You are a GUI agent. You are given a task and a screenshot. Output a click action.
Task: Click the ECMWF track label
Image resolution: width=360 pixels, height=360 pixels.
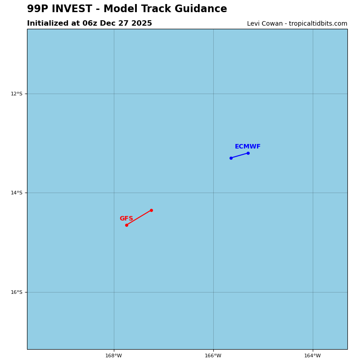(x=247, y=147)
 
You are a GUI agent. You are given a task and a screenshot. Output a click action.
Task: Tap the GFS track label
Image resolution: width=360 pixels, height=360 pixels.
(x=126, y=219)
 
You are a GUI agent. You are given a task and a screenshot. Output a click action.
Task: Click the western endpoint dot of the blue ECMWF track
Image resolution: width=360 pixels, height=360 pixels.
(x=231, y=158)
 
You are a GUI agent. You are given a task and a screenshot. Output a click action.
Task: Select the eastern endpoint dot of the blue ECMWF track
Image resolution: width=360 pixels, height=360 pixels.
(x=248, y=153)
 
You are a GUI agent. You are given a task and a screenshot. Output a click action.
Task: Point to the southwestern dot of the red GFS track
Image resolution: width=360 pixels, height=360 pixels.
(x=126, y=225)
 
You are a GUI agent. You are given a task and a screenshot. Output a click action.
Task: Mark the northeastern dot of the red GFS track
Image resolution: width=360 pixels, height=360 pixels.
(x=151, y=210)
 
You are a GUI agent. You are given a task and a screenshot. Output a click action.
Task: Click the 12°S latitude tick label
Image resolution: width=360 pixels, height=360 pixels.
(x=16, y=94)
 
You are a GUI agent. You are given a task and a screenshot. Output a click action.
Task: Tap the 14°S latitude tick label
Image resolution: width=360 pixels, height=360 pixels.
(x=16, y=193)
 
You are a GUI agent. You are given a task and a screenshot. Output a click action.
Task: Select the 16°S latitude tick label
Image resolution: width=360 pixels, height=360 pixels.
(x=16, y=292)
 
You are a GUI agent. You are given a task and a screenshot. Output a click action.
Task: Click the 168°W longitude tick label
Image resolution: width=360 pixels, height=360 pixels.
(x=113, y=355)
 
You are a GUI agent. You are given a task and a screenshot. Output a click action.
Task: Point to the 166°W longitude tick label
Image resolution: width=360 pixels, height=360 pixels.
(x=213, y=355)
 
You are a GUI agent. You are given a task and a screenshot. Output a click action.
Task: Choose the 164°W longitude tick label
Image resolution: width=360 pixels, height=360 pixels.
(x=312, y=355)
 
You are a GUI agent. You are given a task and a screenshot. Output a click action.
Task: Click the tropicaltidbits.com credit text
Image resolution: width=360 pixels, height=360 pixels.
(x=317, y=24)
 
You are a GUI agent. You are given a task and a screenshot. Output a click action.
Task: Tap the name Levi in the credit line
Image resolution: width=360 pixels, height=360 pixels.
(x=254, y=24)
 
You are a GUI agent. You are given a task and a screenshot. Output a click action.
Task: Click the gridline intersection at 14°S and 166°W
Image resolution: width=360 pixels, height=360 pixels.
(x=213, y=193)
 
